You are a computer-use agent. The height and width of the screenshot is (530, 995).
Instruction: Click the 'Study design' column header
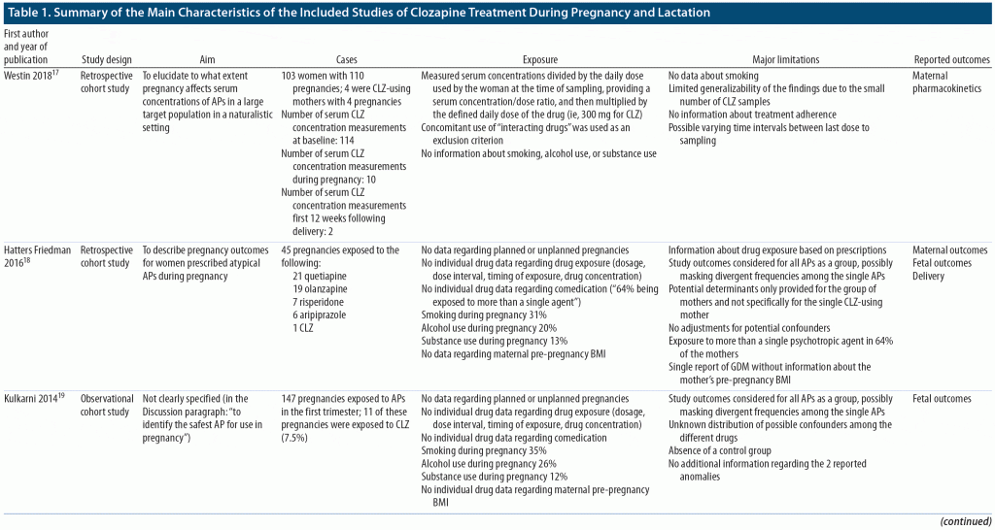click(106, 60)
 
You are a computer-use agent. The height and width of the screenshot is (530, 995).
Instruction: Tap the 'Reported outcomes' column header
click(952, 60)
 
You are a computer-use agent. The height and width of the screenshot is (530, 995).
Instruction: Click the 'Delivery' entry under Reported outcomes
click(931, 276)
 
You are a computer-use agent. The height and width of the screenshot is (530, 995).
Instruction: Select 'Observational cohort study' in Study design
click(106, 405)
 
